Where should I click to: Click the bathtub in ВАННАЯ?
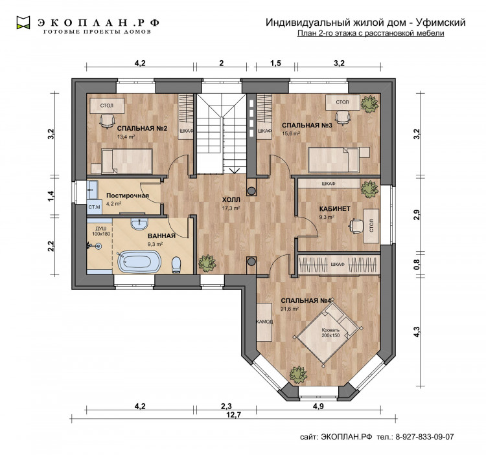point(139,261)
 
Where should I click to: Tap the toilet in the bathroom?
point(176,265)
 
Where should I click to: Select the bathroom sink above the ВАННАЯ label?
point(139,224)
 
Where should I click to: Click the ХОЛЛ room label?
point(231,200)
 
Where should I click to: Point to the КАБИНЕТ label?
point(335,208)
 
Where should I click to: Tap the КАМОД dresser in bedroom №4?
point(264,322)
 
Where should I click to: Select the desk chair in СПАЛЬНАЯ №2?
point(107,120)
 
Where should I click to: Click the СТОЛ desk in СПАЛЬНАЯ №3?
point(343,102)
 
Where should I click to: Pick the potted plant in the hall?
point(207,263)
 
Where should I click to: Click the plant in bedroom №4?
point(298,375)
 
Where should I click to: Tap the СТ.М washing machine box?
point(94,206)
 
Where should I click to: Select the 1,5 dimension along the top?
point(275,63)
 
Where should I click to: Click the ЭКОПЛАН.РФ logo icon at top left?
point(23,23)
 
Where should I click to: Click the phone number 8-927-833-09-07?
point(424,437)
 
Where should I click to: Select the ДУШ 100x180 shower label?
point(101,231)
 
